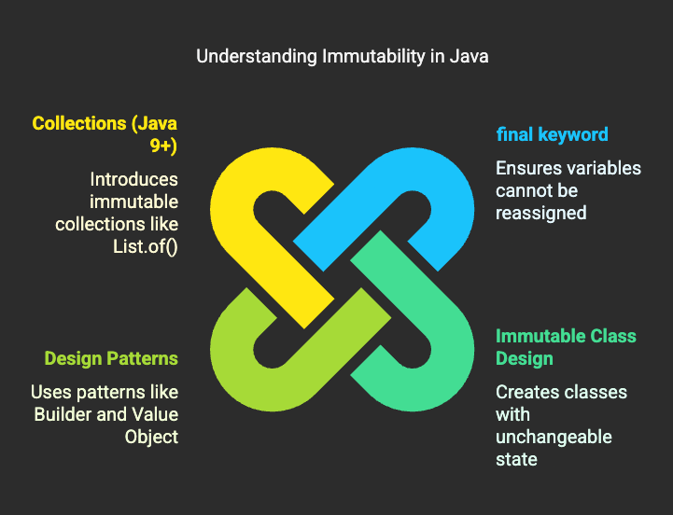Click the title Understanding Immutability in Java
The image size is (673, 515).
(342, 56)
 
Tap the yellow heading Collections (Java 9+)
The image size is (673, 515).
(105, 134)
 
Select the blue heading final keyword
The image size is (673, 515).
(552, 134)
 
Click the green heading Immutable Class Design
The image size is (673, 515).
(566, 347)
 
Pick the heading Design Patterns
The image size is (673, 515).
(111, 358)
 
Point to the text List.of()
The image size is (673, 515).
(143, 246)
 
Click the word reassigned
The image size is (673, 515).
(540, 213)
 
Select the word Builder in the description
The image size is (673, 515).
(66, 414)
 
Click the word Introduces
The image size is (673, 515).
(133, 179)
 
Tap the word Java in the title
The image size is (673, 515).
(469, 56)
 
